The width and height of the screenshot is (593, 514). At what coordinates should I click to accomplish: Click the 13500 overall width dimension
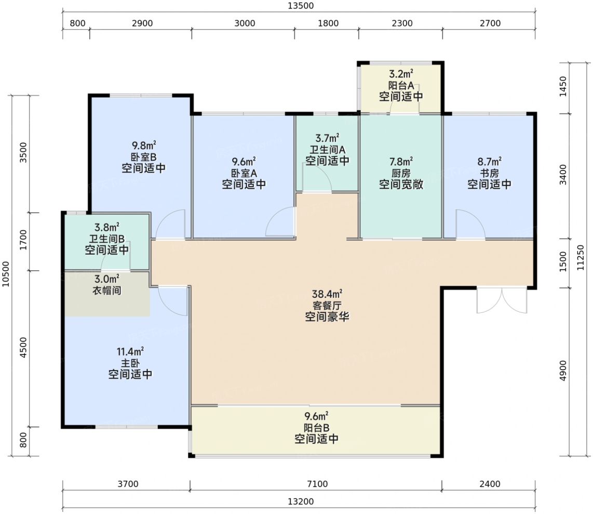[301, 6]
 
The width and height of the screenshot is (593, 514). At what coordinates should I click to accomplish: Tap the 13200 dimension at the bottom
[301, 502]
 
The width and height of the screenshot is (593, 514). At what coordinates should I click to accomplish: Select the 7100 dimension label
[317, 484]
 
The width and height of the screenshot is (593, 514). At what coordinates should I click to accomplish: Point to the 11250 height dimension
[581, 258]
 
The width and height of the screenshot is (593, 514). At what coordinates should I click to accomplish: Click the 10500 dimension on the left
[6, 274]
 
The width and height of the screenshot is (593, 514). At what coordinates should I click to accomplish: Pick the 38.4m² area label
[327, 294]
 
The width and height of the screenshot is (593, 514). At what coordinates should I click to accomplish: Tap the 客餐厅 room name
[327, 305]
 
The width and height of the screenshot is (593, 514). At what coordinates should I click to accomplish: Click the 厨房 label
[401, 174]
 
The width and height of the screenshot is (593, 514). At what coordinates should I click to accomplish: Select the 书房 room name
[489, 174]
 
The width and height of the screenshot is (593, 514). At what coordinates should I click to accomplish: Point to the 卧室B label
[143, 157]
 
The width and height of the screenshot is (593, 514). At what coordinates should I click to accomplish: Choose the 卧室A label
[244, 174]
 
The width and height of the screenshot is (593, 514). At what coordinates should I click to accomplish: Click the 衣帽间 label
[107, 291]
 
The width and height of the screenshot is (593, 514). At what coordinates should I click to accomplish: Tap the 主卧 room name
[130, 363]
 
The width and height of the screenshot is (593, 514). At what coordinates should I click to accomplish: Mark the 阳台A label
[401, 86]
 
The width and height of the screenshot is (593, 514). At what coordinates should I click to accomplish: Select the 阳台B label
[317, 428]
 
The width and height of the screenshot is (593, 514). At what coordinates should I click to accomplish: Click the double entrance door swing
[502, 301]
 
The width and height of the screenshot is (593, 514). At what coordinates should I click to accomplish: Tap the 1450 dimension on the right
[563, 86]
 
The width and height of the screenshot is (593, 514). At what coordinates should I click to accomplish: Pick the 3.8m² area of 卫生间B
[107, 227]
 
